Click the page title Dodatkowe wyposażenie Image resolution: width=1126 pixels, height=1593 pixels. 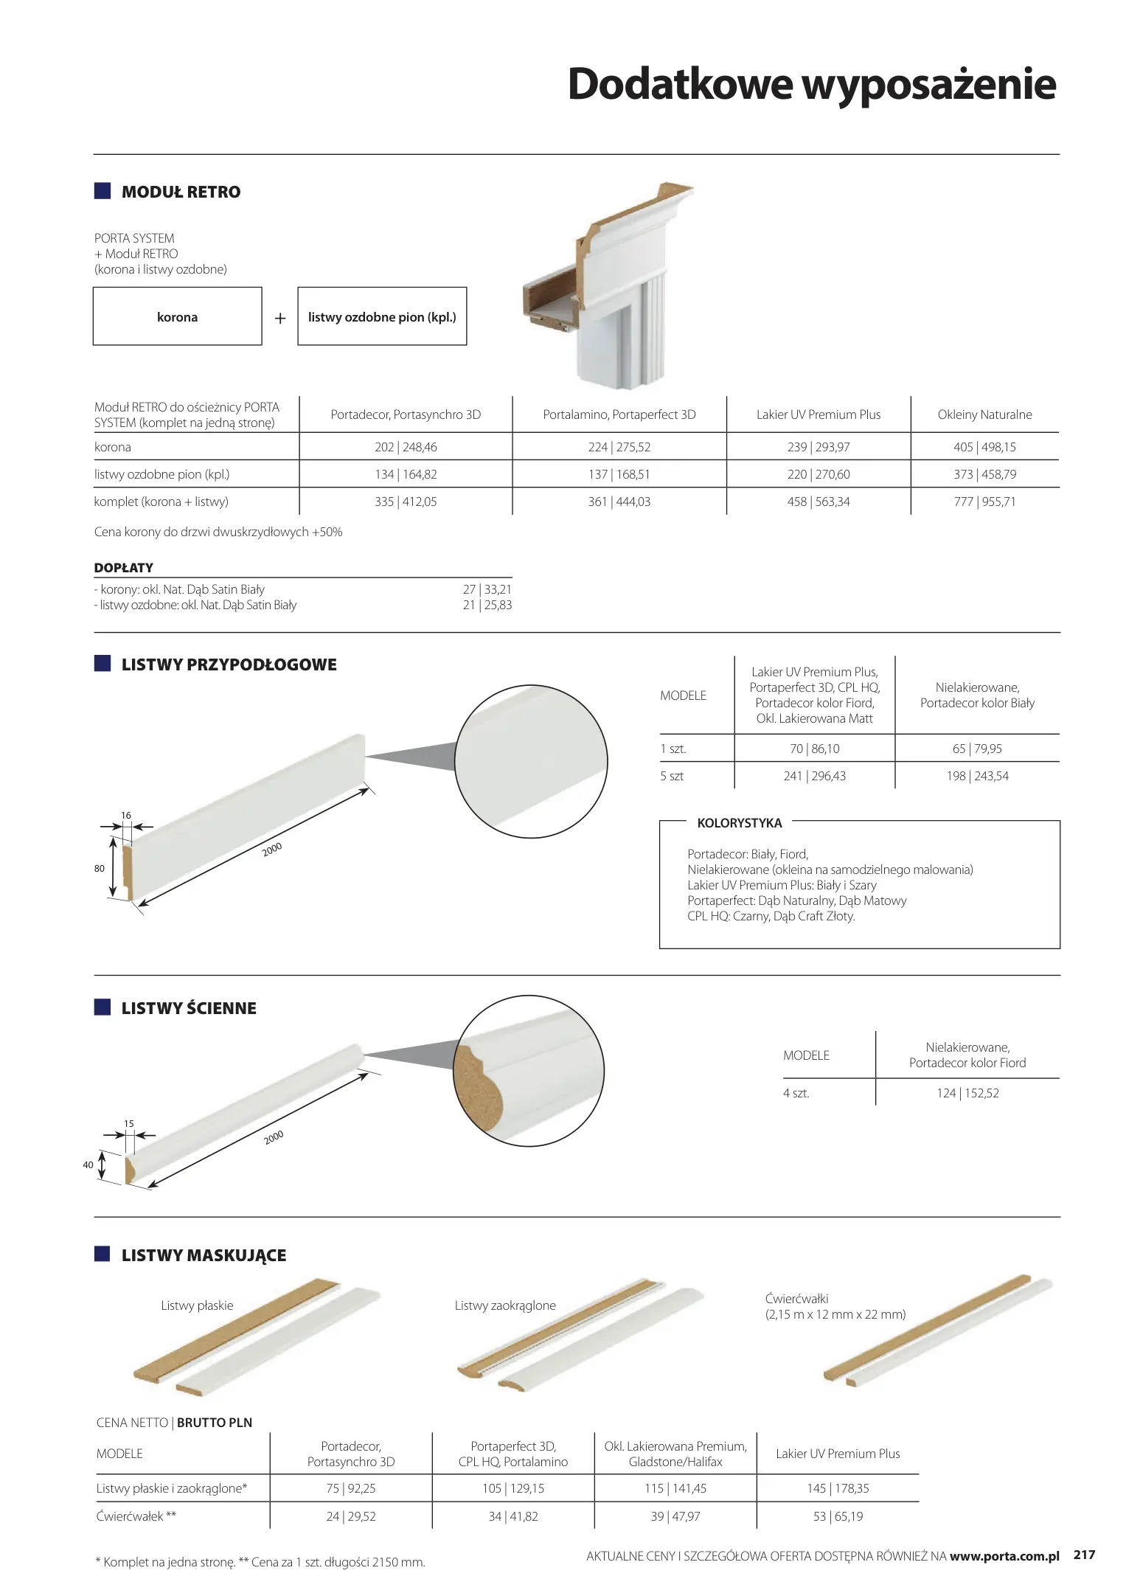coord(811,84)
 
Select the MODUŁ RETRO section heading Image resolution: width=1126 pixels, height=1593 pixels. coord(181,192)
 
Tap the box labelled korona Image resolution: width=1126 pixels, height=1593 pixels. coord(177,316)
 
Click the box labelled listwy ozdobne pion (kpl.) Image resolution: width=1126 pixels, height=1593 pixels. coord(382,316)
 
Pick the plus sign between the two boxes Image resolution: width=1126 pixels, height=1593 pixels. coord(280,318)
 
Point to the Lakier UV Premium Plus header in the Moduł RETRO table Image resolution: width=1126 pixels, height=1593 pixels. coord(818,414)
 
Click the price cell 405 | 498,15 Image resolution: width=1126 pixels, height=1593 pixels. coord(984,447)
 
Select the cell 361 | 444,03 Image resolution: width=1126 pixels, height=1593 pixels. coord(619,502)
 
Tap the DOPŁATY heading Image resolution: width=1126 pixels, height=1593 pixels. coord(124,568)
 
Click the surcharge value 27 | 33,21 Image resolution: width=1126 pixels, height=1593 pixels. coord(487,589)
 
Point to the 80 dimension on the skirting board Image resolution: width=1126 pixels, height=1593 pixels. coord(100,868)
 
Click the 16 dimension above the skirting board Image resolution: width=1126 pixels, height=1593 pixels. coord(126,815)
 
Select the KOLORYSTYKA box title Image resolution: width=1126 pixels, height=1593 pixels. coord(739,823)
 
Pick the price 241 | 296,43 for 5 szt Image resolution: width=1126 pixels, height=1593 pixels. coord(814,776)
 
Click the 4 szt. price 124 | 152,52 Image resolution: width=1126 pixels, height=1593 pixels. coord(967,1093)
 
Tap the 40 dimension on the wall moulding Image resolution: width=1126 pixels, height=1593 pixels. coord(88,1165)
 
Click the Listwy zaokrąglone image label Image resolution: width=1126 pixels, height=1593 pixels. coord(505,1305)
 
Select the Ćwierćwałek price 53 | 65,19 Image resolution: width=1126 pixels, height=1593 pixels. coord(838,1516)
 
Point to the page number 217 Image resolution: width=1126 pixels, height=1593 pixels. coord(1084,1555)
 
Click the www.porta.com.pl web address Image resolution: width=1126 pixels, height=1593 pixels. coord(1004,1556)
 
